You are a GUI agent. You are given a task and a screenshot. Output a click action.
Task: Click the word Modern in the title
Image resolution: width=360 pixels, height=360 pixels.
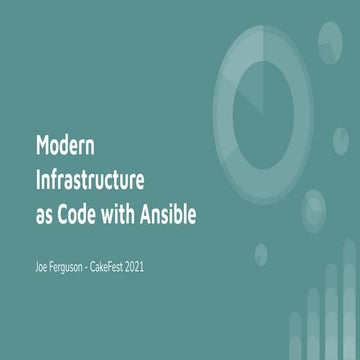tap(65, 146)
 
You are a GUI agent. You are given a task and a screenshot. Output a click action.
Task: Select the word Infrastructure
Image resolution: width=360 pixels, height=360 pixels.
tap(91, 182)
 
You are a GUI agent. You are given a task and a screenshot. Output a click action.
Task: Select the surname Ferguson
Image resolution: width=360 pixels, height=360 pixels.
tap(78, 269)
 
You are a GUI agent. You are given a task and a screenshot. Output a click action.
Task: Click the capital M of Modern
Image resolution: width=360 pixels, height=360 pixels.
tap(42, 146)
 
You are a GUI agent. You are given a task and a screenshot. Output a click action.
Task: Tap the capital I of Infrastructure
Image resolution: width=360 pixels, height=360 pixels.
tap(38, 182)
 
